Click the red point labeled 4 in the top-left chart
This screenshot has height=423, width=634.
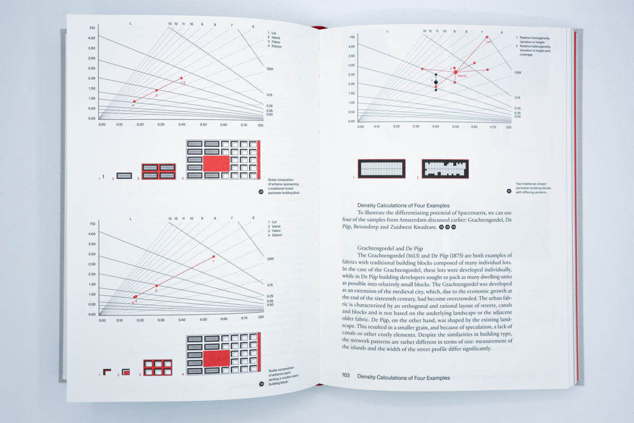(x=134, y=101)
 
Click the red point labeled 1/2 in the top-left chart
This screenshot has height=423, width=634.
(x=181, y=78)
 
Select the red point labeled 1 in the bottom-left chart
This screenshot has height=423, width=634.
(x=213, y=257)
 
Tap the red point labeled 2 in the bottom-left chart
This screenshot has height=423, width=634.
(x=156, y=286)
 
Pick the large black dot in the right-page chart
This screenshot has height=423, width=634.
(x=436, y=82)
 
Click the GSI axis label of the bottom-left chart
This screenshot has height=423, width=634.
(x=261, y=317)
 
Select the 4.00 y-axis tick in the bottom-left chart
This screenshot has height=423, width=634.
(x=92, y=233)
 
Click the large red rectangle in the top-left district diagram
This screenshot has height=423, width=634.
(x=216, y=163)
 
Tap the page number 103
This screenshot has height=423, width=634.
(x=346, y=377)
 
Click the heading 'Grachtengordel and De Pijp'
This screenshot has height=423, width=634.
(x=391, y=247)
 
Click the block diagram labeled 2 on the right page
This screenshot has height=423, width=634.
(x=445, y=168)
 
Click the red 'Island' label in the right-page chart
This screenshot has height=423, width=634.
(x=461, y=76)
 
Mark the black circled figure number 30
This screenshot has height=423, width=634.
(x=262, y=384)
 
